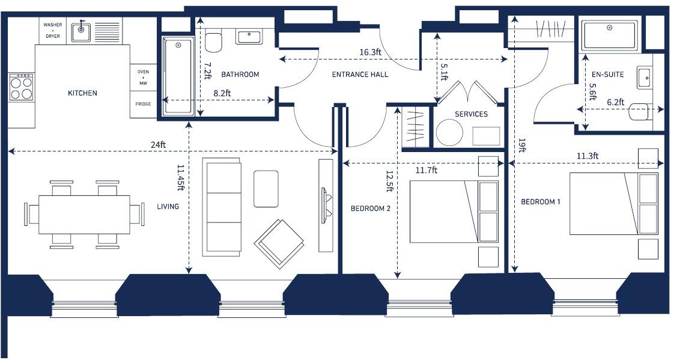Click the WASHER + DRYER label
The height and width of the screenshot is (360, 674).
[52, 30]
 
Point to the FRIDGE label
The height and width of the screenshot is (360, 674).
[144, 105]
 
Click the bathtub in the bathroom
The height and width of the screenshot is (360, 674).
[178, 76]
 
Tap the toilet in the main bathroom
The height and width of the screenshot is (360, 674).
[213, 42]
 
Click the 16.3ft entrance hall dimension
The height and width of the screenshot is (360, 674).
[370, 52]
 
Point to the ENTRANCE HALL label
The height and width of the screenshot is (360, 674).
[360, 75]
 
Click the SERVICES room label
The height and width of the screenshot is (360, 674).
[471, 114]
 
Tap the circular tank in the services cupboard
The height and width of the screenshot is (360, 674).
[449, 132]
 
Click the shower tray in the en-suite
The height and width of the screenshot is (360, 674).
[610, 35]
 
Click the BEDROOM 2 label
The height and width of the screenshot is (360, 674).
[371, 209]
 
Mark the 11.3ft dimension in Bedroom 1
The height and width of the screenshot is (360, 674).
[587, 156]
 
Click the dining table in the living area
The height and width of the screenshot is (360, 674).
[84, 214]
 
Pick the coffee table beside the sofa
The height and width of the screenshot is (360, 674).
[266, 189]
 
